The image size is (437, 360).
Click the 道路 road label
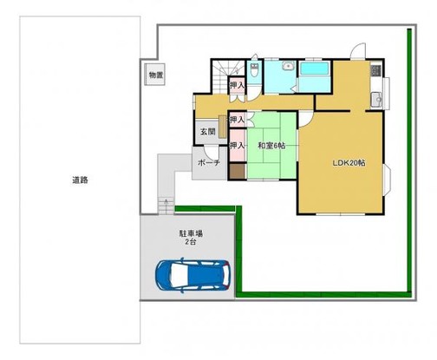[x=80, y=180]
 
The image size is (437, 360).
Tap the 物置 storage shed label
[x=154, y=75]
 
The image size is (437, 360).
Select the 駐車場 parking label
[x=190, y=233]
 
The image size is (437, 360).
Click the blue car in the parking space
[x=192, y=276]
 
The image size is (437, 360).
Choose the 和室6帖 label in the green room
[x=271, y=145]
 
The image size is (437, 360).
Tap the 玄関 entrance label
[x=207, y=132]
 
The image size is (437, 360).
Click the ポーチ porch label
[x=208, y=163]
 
